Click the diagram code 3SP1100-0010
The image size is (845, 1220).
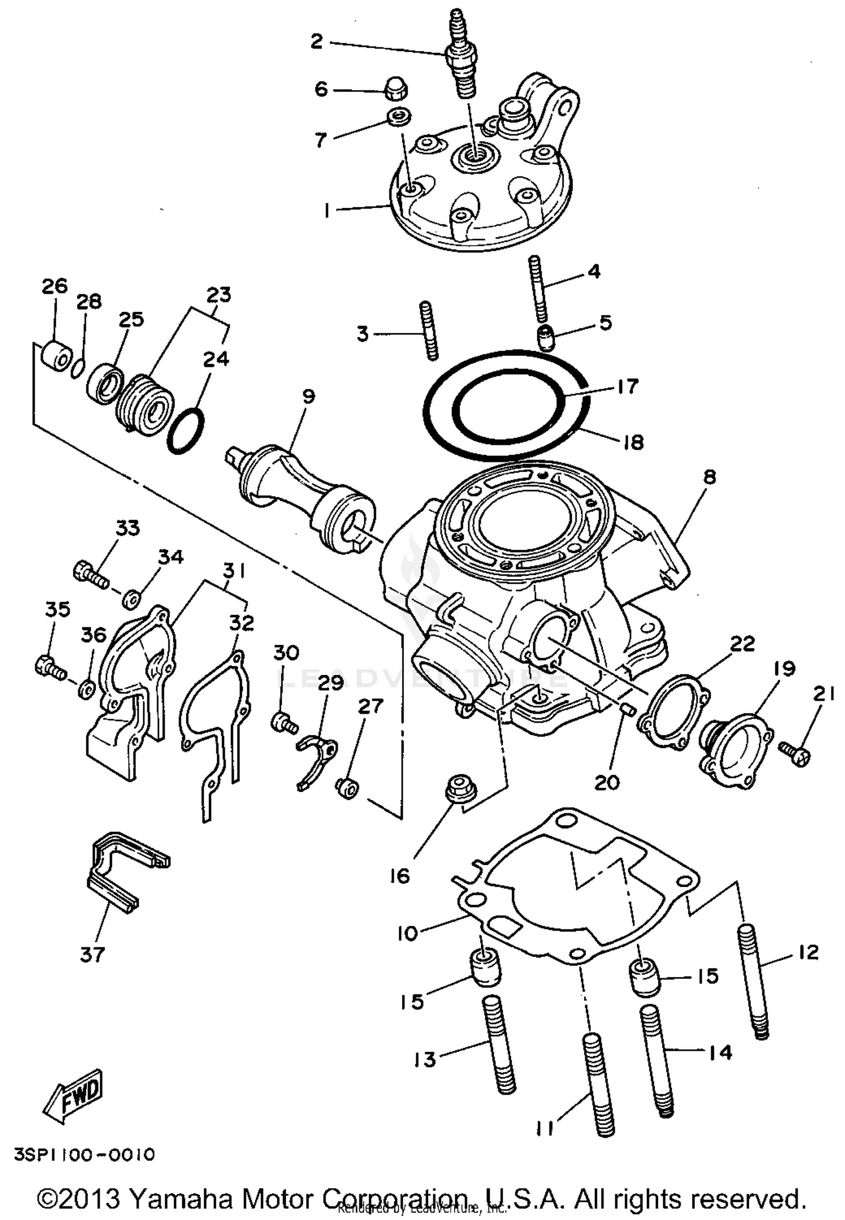point(84,1155)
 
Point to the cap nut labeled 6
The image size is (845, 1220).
point(397,90)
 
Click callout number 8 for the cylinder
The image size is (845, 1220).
point(709,477)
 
